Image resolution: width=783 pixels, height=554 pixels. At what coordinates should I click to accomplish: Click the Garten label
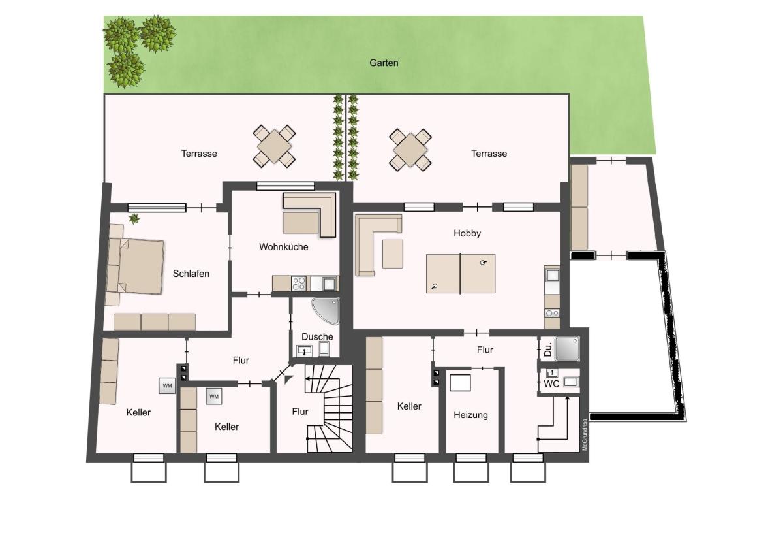pos(384,63)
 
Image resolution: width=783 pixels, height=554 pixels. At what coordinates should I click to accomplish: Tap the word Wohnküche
pos(283,247)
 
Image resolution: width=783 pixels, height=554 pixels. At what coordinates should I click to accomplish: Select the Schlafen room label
pos(191,274)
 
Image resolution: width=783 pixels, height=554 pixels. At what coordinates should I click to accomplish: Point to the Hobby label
pos(467,233)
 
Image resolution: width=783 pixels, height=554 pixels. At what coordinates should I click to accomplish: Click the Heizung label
pos(470,415)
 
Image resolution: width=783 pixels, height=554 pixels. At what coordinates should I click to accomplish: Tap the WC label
pos(551,384)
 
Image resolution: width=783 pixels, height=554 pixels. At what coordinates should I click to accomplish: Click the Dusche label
pos(317,336)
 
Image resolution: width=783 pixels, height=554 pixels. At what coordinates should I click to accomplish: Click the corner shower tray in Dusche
pos(326,311)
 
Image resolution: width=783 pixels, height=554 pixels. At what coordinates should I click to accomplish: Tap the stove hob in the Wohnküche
pos(299,284)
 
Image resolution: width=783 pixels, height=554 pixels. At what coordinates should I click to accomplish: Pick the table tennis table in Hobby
pos(461,274)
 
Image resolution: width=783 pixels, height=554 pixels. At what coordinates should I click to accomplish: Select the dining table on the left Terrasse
pos(275,146)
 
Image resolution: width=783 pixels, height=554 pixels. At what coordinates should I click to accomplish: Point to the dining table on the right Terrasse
pos(410,150)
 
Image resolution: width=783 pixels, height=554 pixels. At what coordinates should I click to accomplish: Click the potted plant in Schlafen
pos(134,219)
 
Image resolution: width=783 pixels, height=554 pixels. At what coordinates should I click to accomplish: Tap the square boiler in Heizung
pos(459,383)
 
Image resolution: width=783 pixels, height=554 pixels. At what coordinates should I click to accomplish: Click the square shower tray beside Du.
pos(567,349)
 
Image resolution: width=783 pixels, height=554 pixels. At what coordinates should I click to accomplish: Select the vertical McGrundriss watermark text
pos(585,435)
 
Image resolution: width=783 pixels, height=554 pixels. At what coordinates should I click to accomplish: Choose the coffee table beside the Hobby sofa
pos(393,254)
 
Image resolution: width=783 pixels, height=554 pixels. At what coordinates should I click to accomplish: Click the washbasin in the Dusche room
pos(304,350)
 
